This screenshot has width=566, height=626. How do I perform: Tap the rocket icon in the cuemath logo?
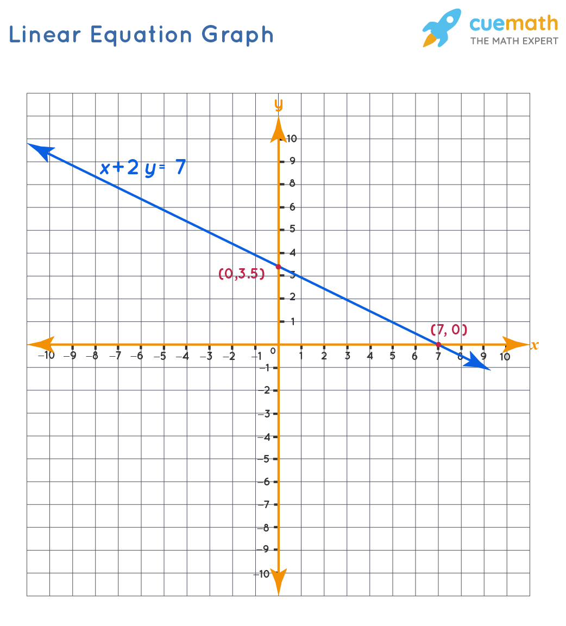pyautogui.click(x=441, y=27)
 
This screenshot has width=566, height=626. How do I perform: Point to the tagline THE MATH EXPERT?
pyautogui.click(x=514, y=41)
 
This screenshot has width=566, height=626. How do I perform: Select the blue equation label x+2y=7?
pyautogui.click(x=142, y=168)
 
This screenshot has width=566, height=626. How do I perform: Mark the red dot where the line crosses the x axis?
pyautogui.click(x=438, y=344)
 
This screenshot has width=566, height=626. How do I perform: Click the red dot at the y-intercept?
pyautogui.click(x=278, y=266)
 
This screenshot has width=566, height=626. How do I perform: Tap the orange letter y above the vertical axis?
pyautogui.click(x=278, y=104)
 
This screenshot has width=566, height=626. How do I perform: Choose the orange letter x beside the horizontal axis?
pyautogui.click(x=534, y=345)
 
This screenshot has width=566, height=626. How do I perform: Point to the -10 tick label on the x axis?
pyautogui.click(x=46, y=356)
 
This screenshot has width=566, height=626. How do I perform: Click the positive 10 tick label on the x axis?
pyautogui.click(x=505, y=356)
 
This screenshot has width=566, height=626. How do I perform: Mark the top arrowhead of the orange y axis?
pyautogui.click(x=278, y=129)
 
